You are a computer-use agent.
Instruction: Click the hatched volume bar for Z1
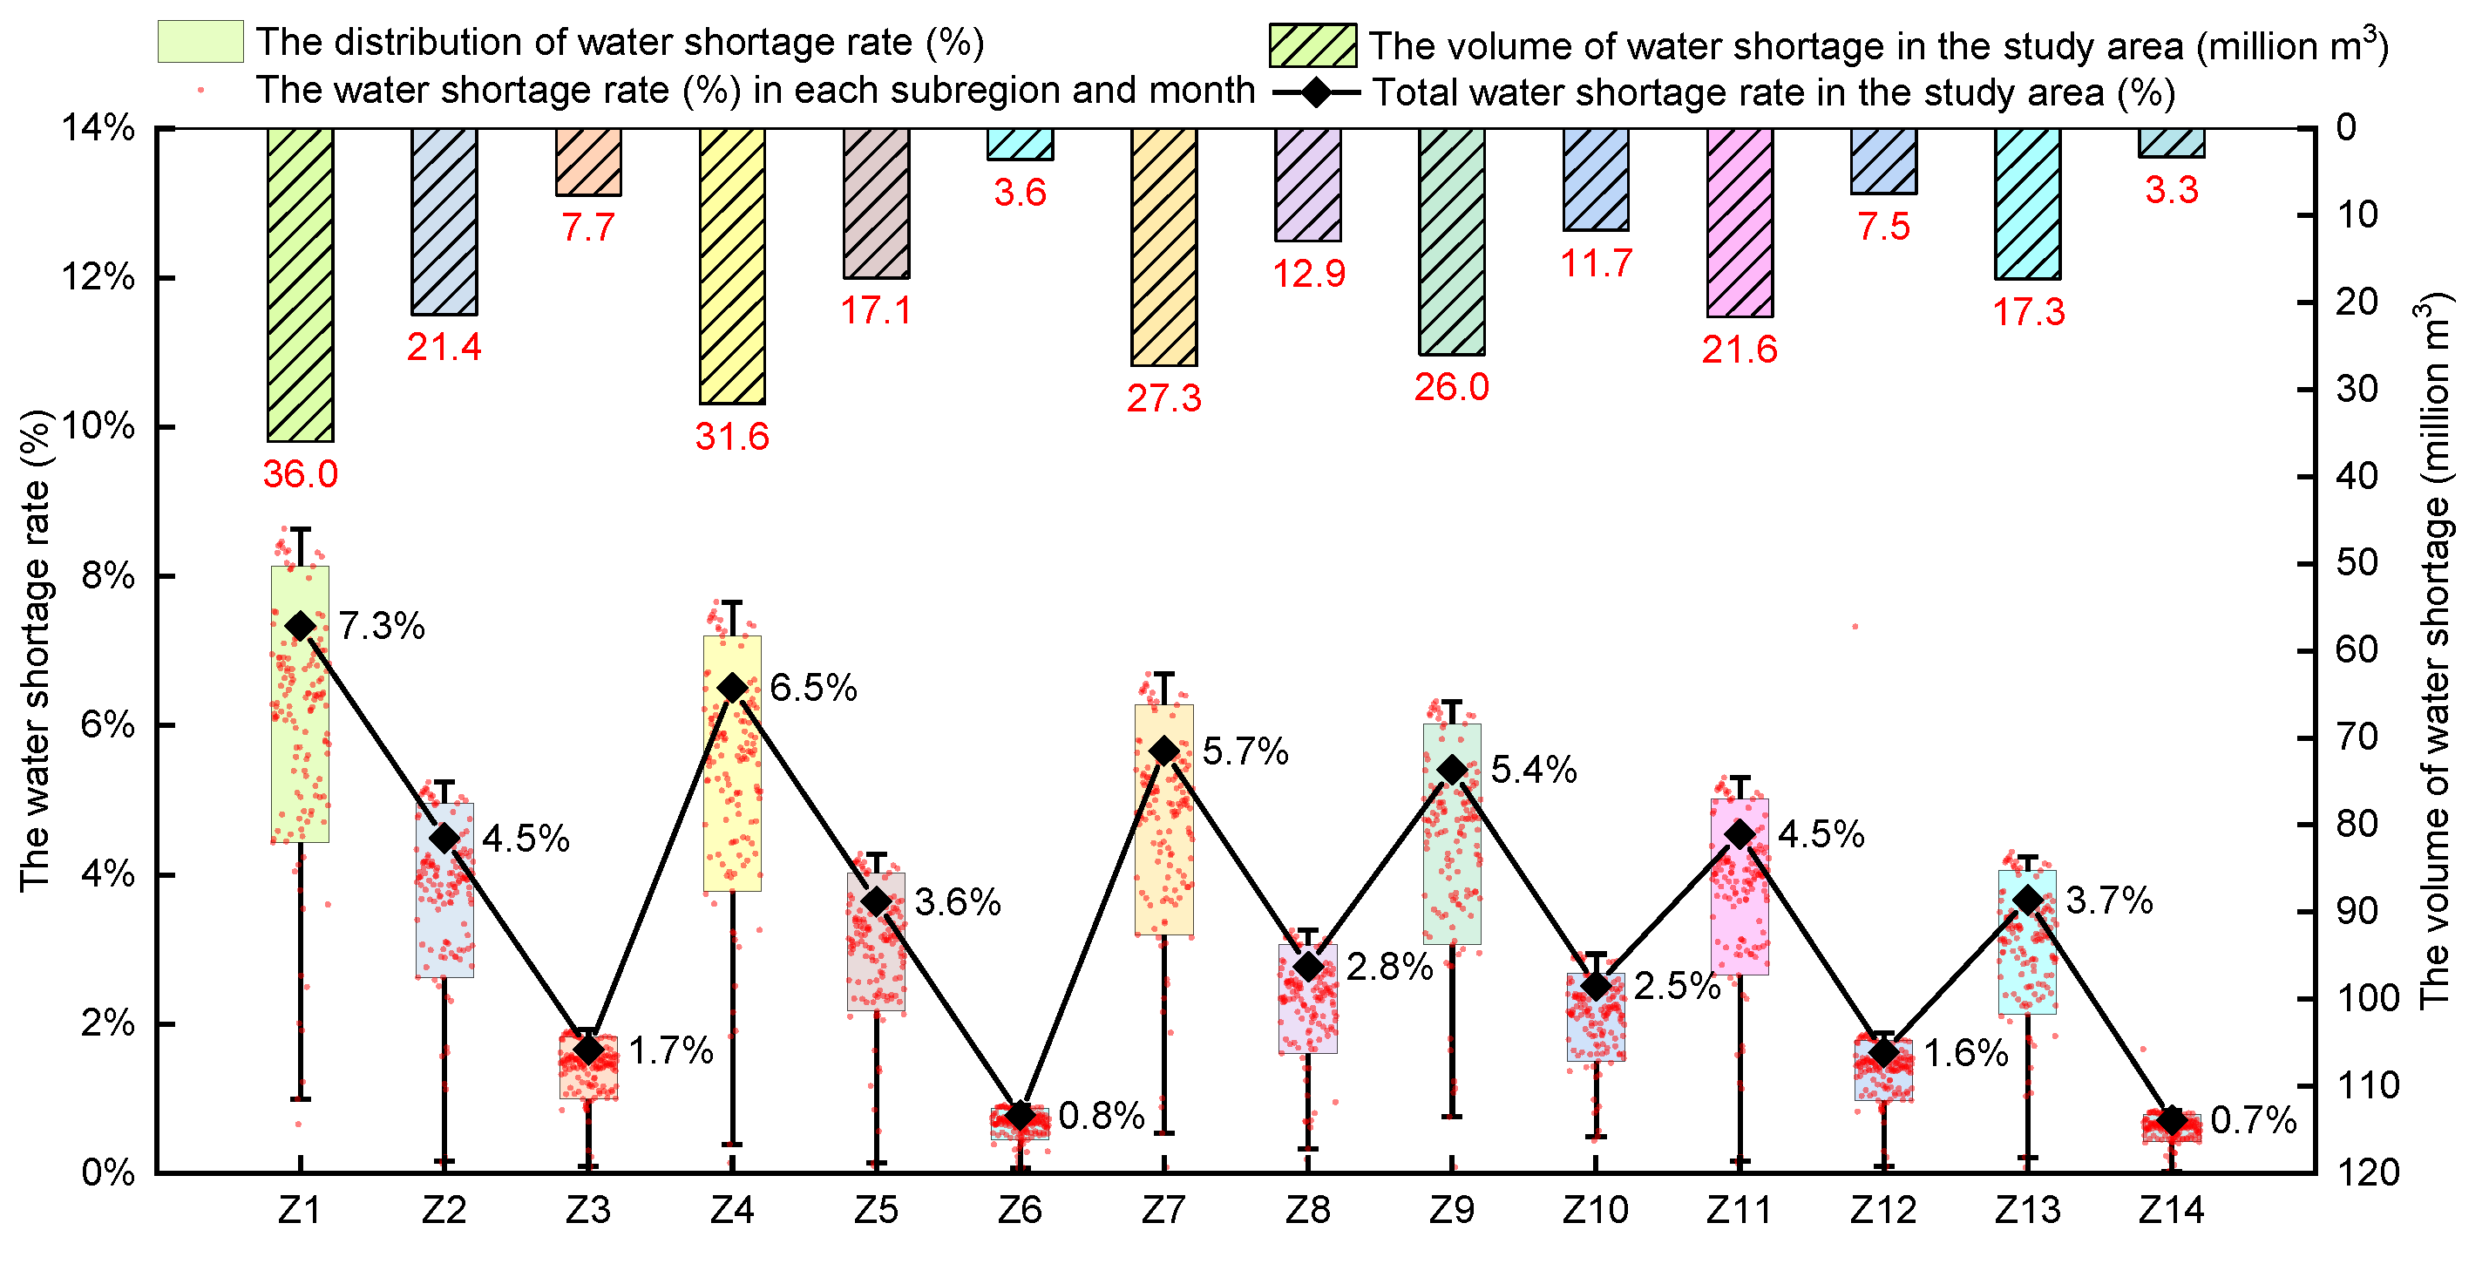301,284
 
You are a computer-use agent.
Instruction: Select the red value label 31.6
731,437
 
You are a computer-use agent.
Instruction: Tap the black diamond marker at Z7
1164,751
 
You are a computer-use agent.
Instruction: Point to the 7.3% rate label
381,626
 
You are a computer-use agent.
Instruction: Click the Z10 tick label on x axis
1595,1210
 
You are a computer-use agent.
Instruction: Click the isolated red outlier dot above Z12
1855,626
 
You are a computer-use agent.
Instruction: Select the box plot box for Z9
1451,833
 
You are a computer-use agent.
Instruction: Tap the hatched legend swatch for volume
1312,45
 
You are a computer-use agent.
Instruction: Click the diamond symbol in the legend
1316,92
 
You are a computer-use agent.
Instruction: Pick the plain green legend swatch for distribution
200,42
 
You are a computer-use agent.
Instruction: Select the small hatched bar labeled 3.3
2171,142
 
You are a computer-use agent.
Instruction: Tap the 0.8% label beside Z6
1101,1116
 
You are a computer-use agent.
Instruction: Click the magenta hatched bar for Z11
1740,222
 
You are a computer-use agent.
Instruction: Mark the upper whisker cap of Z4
732,602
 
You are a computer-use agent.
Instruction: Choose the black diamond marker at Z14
2172,1121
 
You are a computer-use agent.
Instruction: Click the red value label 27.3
1163,398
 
